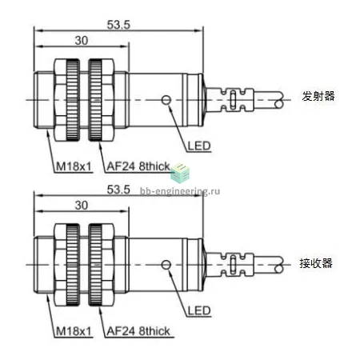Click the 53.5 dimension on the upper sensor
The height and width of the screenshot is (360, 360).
(x=118, y=25)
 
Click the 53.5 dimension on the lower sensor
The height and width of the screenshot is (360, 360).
(x=118, y=190)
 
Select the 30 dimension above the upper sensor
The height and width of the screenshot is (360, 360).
(x=82, y=41)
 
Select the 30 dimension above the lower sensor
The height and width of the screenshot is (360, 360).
(x=82, y=206)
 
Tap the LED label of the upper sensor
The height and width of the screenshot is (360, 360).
(x=199, y=146)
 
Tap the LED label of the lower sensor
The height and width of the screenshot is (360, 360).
(x=199, y=310)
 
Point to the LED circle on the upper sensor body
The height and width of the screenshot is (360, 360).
(x=166, y=100)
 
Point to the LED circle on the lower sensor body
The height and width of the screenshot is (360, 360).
(x=166, y=265)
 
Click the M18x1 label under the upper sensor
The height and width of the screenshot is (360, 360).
(x=74, y=166)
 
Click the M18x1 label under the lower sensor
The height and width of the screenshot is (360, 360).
(x=74, y=331)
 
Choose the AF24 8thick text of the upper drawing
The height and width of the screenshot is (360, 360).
(x=138, y=166)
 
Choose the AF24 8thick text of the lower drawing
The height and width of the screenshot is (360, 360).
(x=138, y=331)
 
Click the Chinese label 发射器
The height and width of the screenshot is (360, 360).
(x=318, y=96)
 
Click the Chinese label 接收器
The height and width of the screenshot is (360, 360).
(x=316, y=263)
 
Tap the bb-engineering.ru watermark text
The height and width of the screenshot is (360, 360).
(x=180, y=191)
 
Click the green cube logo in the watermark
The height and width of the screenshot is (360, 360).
(x=180, y=172)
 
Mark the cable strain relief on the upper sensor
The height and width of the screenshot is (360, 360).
(x=230, y=100)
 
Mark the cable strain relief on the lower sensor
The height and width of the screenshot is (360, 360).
(x=230, y=265)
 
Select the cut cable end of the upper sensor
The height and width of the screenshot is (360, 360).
(x=279, y=100)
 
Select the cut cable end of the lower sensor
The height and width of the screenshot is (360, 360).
(x=279, y=265)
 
